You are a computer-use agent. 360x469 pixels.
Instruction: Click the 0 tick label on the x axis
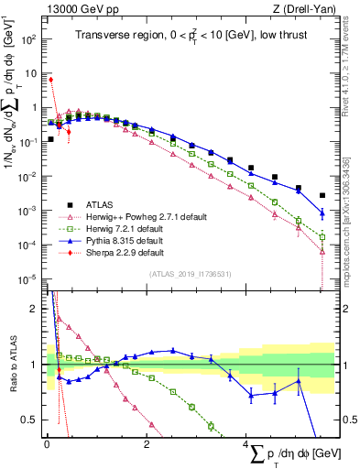[47, 444]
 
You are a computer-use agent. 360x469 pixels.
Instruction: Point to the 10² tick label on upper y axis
[29, 39]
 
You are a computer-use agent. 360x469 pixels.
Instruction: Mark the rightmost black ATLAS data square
[322, 195]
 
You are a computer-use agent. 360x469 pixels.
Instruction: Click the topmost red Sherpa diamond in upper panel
[50, 80]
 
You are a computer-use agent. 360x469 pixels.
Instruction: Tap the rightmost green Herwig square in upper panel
[322, 236]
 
